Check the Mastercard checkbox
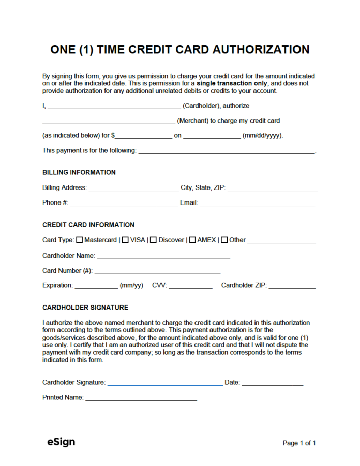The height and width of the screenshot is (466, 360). click(x=79, y=240)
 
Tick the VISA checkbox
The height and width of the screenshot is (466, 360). click(x=126, y=240)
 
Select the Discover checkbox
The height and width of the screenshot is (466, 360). click(x=154, y=240)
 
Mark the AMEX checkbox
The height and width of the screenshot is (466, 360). click(x=192, y=240)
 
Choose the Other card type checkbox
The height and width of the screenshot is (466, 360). click(x=224, y=240)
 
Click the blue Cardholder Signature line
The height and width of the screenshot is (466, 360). click(x=164, y=384)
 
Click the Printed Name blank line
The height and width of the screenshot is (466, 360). click(x=141, y=399)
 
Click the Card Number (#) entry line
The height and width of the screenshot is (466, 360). click(x=157, y=272)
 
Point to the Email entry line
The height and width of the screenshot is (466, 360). click(x=257, y=205)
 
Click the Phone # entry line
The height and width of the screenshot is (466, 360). click(x=124, y=205)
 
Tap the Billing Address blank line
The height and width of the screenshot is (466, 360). click(x=133, y=190)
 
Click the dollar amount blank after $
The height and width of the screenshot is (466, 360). click(x=144, y=137)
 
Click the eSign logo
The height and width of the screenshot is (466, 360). click(x=61, y=442)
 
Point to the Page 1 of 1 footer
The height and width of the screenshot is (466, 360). click(x=299, y=443)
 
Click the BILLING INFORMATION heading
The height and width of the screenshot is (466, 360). click(x=79, y=172)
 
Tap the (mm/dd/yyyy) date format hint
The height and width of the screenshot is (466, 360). click(x=262, y=136)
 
